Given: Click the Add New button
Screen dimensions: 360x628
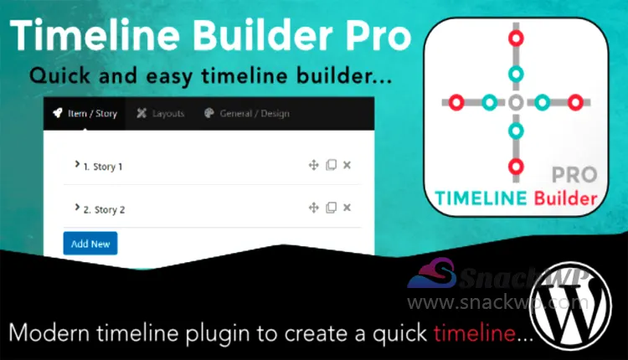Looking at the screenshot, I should [x=90, y=244].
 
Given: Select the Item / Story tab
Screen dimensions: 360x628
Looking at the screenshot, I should [x=85, y=113].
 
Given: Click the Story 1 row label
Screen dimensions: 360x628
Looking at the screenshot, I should [x=102, y=167].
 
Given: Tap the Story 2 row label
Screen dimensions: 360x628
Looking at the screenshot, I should [x=103, y=209].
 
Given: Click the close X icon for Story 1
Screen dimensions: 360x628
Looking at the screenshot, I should [x=347, y=166].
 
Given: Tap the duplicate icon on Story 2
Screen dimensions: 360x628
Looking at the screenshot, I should [x=331, y=208].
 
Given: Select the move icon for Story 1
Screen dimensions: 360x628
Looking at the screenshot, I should [x=314, y=166].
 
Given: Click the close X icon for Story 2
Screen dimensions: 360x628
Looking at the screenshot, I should [x=347, y=208].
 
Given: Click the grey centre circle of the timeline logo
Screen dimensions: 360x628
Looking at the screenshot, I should [x=516, y=103].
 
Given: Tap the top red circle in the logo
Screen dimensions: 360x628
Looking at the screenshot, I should [x=516, y=38].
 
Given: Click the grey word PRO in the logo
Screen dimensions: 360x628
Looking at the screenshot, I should [x=574, y=175].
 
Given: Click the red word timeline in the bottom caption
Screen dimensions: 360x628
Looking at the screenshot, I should [x=474, y=332].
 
